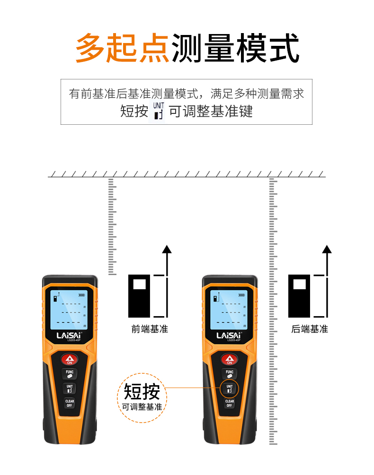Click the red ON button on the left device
(x=70, y=360)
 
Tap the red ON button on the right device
(x=230, y=360)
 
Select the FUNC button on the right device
(x=230, y=374)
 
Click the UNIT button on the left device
(x=70, y=389)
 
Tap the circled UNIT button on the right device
(x=230, y=389)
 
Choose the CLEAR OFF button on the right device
(x=230, y=403)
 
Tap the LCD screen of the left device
(x=69, y=309)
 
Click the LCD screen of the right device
(x=229, y=309)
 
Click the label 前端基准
(x=150, y=329)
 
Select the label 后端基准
(x=310, y=329)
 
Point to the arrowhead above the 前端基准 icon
(x=166, y=250)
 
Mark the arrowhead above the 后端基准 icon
(x=327, y=250)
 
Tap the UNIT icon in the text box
(x=159, y=112)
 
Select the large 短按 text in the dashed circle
(x=142, y=392)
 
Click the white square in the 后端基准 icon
(x=300, y=285)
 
